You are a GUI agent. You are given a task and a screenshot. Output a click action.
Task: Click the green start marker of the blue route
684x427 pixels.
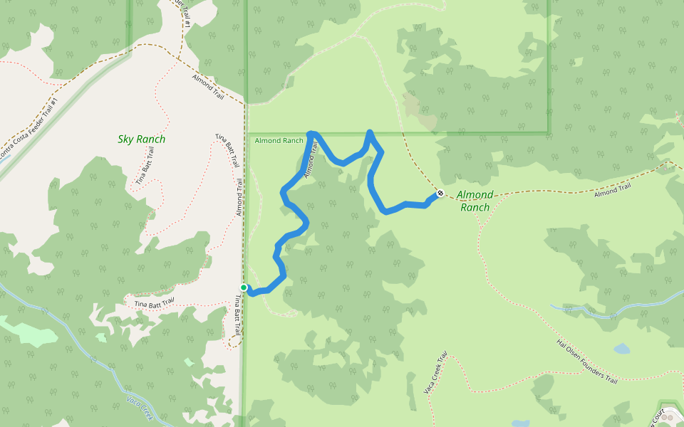(x=244, y=288)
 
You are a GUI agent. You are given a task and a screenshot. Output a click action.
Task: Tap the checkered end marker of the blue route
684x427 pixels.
(x=441, y=193)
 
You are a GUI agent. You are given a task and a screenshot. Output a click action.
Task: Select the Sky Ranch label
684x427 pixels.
(x=141, y=139)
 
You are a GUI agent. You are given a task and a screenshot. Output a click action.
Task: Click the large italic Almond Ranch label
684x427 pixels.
(x=475, y=201)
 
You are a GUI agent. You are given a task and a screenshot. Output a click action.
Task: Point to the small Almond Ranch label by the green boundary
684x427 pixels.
(x=279, y=141)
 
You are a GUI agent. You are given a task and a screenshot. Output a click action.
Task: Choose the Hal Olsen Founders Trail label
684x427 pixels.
(x=586, y=361)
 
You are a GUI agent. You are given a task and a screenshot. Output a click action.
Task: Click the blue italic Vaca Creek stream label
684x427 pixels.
(x=140, y=407)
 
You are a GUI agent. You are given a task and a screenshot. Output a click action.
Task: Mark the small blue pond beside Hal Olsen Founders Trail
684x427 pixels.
(x=622, y=349)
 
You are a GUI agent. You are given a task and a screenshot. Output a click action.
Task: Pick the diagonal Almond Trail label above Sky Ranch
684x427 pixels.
(x=208, y=86)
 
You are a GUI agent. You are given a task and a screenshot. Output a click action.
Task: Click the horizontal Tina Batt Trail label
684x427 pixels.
(x=154, y=304)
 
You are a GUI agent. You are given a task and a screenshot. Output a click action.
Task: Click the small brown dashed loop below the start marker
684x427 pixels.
(x=234, y=341)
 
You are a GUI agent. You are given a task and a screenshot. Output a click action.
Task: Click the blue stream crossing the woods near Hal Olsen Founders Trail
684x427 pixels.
(x=613, y=313)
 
